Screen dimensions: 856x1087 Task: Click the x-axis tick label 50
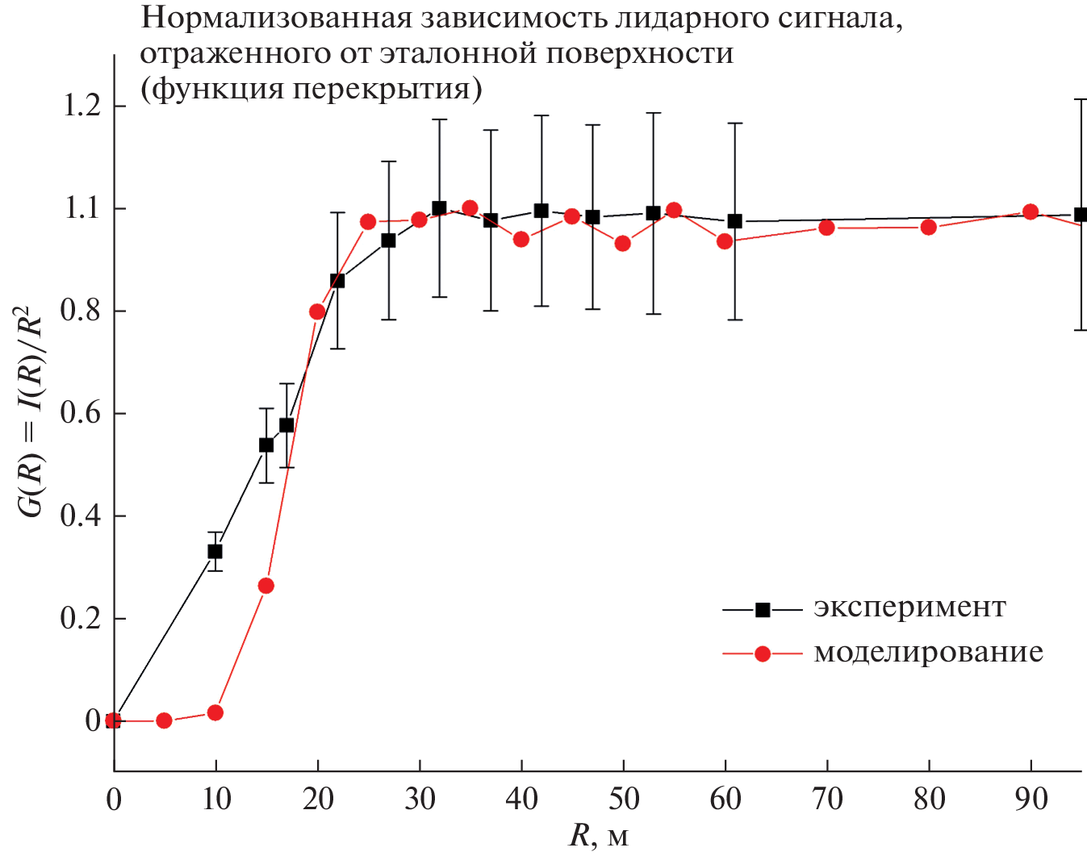pos(623,799)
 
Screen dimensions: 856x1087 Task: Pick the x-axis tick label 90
pos(1031,799)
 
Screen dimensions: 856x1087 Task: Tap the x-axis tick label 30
pos(420,799)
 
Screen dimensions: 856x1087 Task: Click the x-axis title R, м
pos(598,836)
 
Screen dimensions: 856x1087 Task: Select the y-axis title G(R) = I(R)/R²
pos(31,412)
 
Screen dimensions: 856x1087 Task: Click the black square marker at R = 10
pos(215,551)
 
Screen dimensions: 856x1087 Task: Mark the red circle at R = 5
pos(164,720)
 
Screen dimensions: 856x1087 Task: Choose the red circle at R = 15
pos(265,586)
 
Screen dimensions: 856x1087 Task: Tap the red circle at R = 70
pos(826,228)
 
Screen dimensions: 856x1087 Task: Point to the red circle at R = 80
pos(928,227)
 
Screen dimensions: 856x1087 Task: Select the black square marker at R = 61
pos(734,221)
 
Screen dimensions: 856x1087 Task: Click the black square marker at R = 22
pos(337,281)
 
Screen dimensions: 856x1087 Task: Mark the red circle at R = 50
pos(622,244)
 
